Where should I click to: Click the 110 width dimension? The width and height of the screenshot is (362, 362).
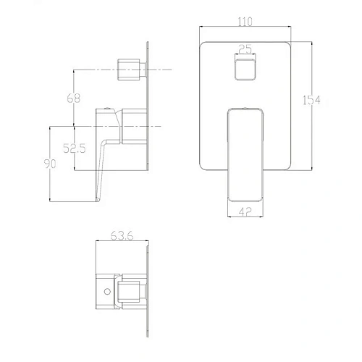coord(245,22)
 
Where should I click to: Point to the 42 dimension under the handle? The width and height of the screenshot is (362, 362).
coord(245,212)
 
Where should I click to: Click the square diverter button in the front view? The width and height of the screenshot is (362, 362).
coord(245,70)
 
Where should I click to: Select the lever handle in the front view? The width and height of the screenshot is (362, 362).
coord(245,152)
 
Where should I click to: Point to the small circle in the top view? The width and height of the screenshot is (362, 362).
coord(108,292)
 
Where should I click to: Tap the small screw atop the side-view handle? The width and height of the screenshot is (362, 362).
coord(108,107)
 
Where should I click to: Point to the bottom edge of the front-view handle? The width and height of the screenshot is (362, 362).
coord(245,201)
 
